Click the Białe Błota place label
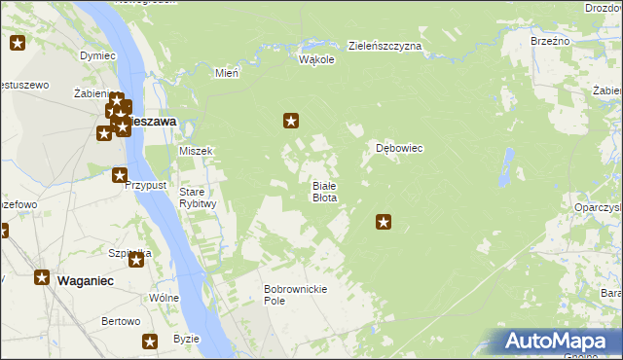324,191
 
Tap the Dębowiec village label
399,149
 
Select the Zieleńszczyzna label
385,46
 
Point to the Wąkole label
316,59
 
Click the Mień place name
226,73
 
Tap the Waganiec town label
86,279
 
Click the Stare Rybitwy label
198,198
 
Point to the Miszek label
196,151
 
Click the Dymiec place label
97,55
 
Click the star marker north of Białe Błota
290,121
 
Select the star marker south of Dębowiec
384,223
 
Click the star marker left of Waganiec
43,277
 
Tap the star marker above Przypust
119,176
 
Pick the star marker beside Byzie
150,342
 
